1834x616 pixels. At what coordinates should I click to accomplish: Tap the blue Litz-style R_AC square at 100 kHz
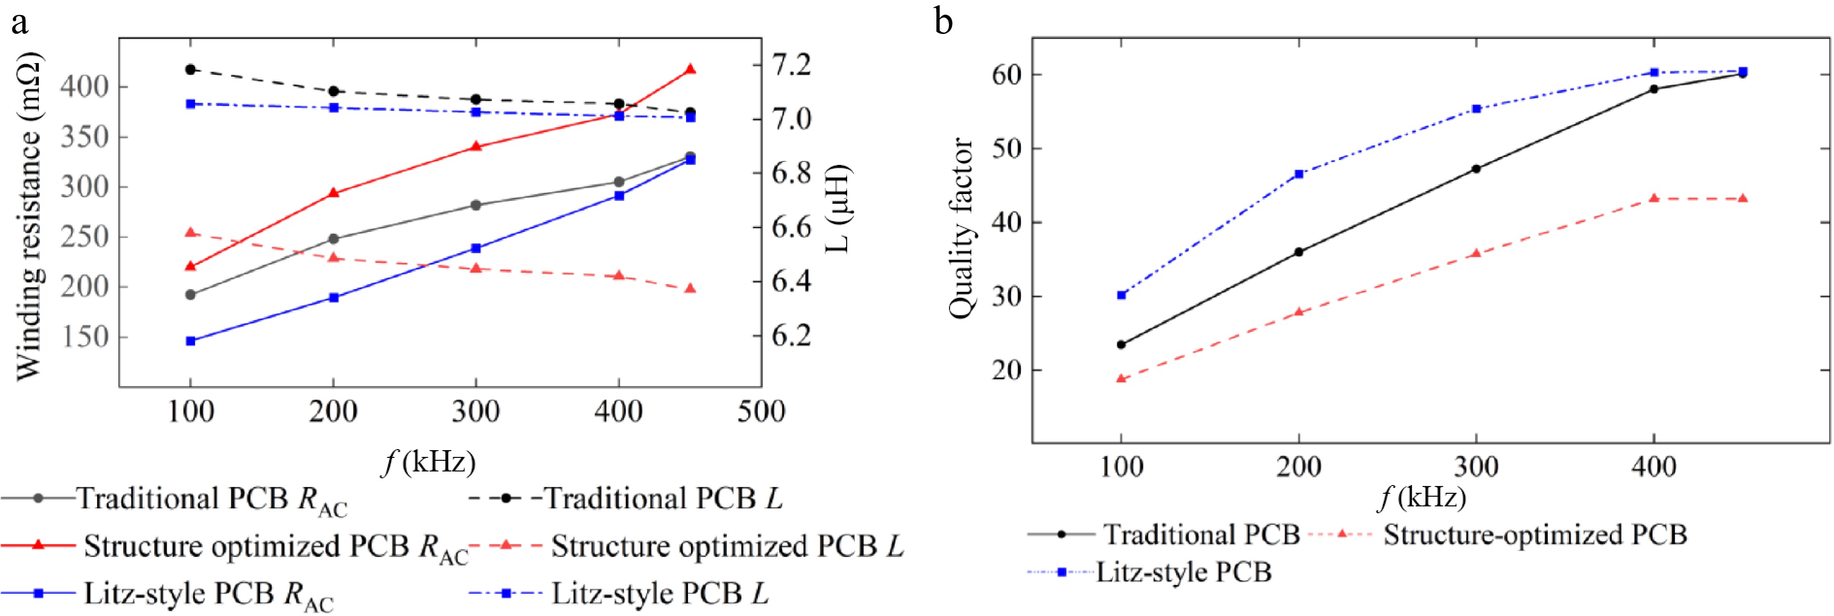(190, 341)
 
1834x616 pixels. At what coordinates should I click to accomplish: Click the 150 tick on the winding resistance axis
(84, 337)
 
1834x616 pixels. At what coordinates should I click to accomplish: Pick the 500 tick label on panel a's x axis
(761, 412)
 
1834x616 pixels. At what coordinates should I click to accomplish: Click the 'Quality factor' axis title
(961, 228)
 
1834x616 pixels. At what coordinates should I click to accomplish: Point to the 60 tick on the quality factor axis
(1006, 74)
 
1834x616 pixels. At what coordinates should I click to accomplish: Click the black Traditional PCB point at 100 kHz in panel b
(1121, 345)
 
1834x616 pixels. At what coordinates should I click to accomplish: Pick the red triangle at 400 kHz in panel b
(1654, 198)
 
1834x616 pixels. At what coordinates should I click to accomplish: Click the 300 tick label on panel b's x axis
(1476, 467)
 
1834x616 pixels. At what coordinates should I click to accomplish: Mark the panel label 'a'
(19, 22)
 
